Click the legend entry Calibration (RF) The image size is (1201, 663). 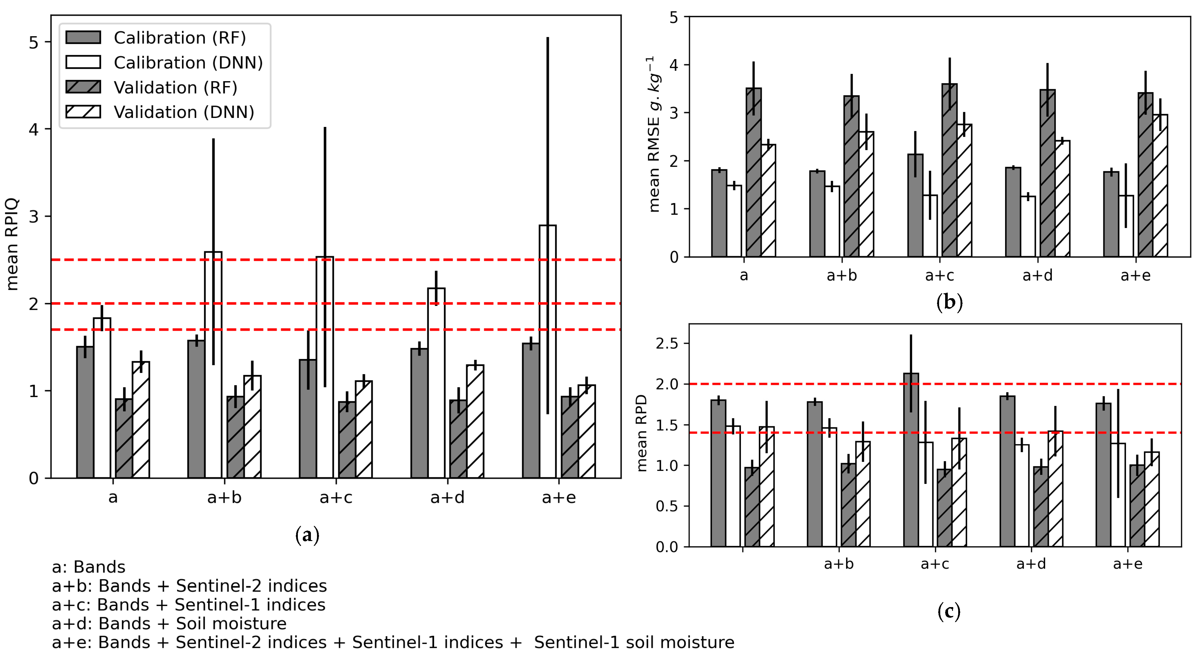tap(179, 38)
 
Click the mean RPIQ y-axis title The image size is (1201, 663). tap(12, 244)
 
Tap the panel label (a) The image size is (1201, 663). tap(307, 535)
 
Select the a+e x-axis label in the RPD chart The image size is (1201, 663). tap(1127, 564)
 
